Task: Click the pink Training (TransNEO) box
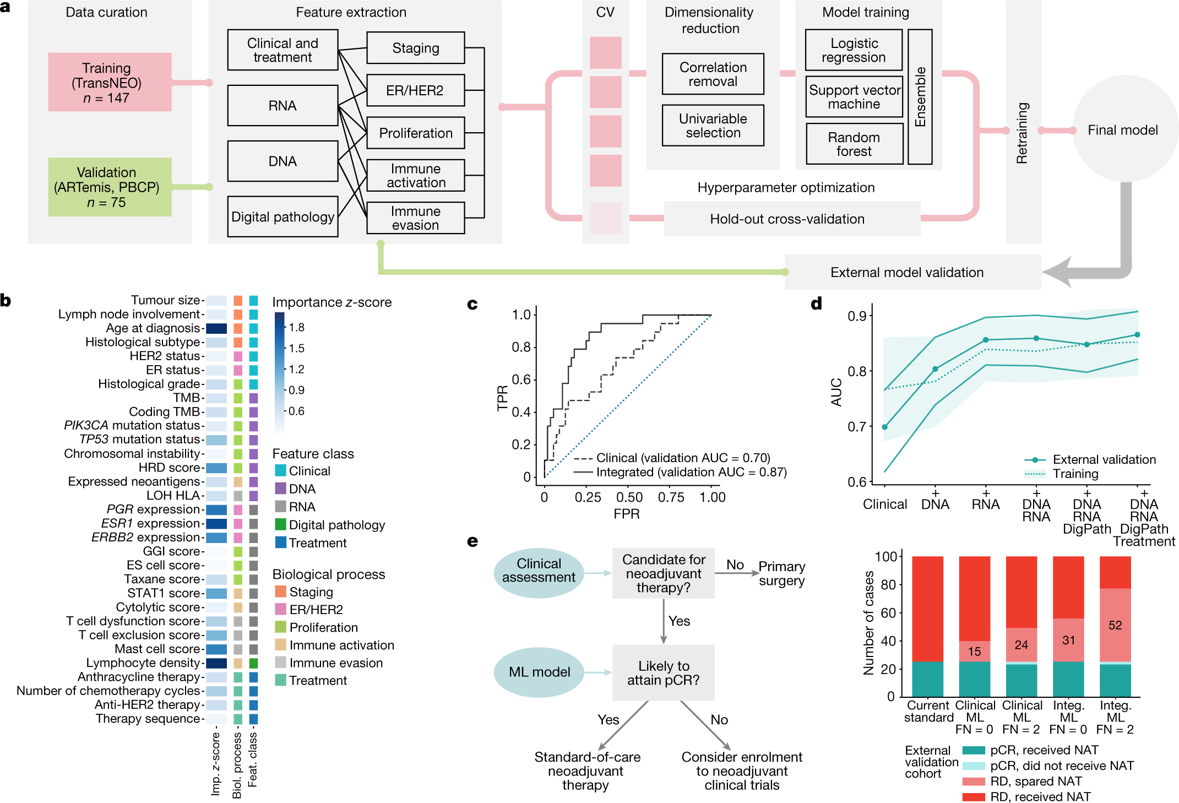tap(110, 83)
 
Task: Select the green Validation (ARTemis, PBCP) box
tap(110, 187)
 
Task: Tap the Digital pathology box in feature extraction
tap(282, 216)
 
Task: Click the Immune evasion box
tap(416, 218)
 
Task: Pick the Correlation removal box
tap(713, 74)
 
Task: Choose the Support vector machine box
tap(854, 97)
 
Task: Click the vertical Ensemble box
tap(920, 97)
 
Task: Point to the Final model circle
tap(1123, 130)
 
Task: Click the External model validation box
tap(907, 272)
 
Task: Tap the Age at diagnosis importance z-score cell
tap(216, 328)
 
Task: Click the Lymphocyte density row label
tap(143, 663)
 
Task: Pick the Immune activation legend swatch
tap(281, 645)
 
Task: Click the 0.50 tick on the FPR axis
tap(629, 497)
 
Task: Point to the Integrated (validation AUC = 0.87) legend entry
tap(691, 472)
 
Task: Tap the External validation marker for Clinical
tap(885, 427)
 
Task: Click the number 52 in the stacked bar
tap(1115, 625)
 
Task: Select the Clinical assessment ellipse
tap(539, 571)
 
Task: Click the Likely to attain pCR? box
tap(663, 672)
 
